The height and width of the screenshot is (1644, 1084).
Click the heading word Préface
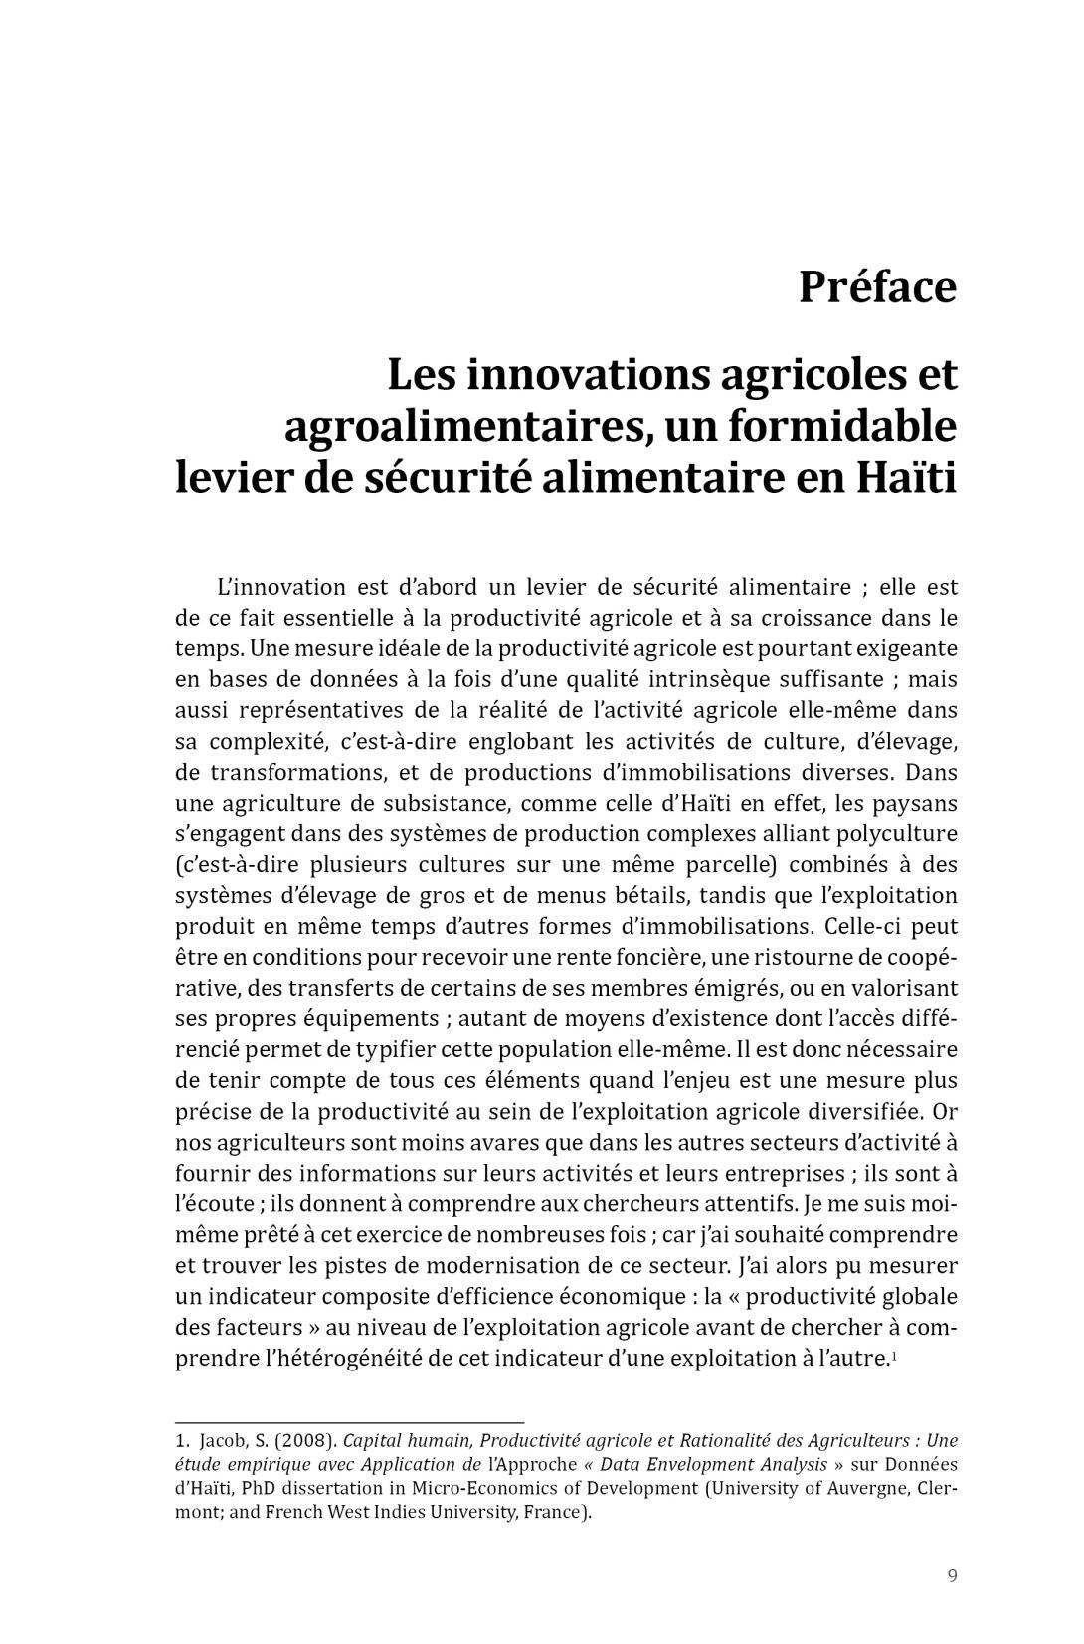[x=877, y=288]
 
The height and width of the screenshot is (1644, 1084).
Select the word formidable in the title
[x=843, y=427]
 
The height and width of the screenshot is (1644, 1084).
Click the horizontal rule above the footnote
[x=349, y=1423]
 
